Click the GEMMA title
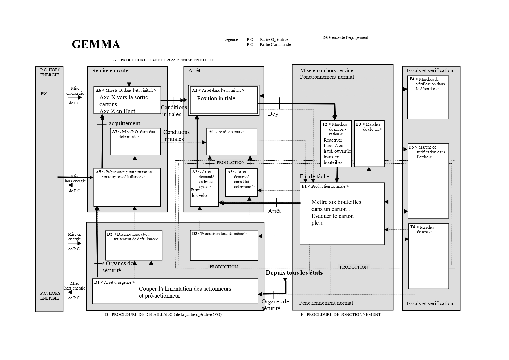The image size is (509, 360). click(96, 44)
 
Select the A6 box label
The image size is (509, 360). click(98, 90)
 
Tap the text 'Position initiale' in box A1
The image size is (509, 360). click(216, 99)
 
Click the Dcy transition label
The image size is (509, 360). click(273, 114)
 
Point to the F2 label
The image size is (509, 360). click(325, 124)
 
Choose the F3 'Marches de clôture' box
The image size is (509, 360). click(369, 143)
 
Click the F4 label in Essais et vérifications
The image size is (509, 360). click(412, 79)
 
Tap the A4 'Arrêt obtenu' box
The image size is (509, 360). click(231, 142)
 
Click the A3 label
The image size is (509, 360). click(230, 172)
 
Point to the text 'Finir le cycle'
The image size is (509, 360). click(199, 193)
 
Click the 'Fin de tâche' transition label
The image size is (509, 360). click(314, 176)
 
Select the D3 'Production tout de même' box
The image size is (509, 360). click(224, 245)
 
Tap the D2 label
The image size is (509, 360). click(109, 234)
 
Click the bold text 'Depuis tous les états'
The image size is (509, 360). click(294, 273)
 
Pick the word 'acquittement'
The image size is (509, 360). click(124, 123)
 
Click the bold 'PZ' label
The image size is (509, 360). click(44, 94)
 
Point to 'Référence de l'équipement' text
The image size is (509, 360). click(346, 37)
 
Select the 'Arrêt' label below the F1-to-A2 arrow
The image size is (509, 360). click(274, 211)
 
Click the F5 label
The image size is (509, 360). click(411, 147)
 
